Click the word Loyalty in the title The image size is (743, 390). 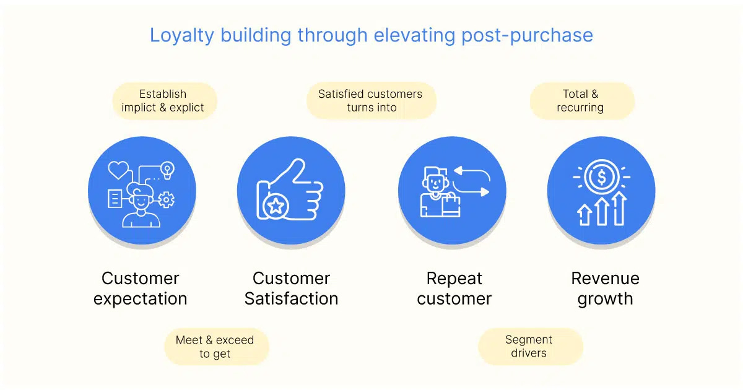(182, 36)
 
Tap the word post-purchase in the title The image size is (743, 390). (527, 36)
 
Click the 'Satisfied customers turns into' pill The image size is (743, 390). (371, 100)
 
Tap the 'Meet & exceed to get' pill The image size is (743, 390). (216, 347)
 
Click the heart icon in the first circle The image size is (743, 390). (118, 170)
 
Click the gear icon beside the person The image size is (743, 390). (166, 199)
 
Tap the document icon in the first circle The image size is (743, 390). (115, 199)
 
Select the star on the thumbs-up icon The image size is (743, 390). (276, 206)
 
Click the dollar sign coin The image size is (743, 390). (601, 177)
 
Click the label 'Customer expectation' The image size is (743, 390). (141, 288)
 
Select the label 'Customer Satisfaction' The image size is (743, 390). (291, 288)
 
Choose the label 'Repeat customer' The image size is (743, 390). (454, 288)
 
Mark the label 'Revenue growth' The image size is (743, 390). (606, 289)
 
